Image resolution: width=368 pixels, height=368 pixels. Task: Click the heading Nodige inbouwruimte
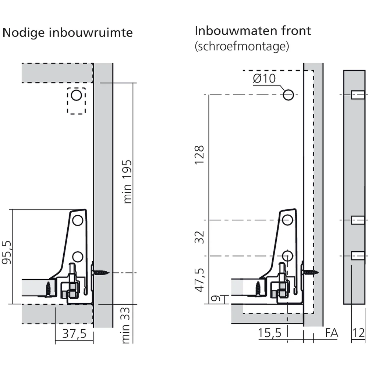point(67,33)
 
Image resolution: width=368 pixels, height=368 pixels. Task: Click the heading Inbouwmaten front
point(252,31)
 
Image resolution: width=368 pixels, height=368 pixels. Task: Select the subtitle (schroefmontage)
point(241,46)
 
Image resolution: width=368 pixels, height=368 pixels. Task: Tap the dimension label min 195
point(127,181)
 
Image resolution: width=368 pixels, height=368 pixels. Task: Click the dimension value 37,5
point(74,334)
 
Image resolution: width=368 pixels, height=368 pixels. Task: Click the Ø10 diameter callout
point(264,78)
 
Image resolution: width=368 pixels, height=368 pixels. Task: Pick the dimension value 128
point(199,155)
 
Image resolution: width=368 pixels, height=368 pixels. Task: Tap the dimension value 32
point(199,237)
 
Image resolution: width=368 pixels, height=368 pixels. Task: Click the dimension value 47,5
point(199,280)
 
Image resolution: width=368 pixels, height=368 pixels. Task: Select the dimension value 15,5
point(269,333)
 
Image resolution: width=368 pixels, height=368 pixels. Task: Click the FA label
point(332,333)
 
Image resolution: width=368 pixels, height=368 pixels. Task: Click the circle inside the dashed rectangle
point(76,96)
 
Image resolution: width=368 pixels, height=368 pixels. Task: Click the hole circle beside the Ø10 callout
point(288,95)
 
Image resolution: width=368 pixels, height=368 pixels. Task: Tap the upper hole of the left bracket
point(77,220)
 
